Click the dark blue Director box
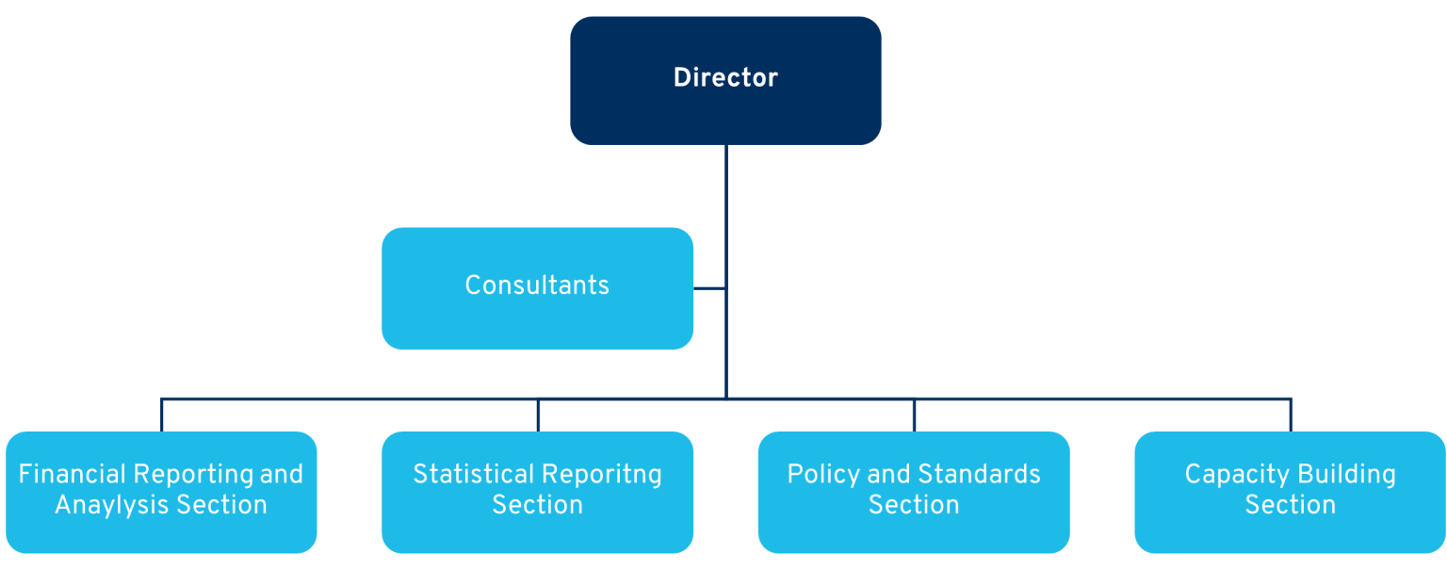[x=725, y=81]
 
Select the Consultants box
[x=538, y=288]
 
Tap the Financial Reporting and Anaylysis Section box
[x=161, y=493]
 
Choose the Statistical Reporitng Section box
[x=538, y=493]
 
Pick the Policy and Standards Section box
[x=914, y=493]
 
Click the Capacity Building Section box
[x=1290, y=493]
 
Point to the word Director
[x=725, y=77]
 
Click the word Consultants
[x=538, y=285]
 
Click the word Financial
[x=72, y=474]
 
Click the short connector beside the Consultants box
[x=709, y=288]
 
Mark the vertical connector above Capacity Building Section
[x=1291, y=415]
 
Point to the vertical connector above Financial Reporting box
[x=161, y=415]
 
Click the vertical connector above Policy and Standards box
[x=914, y=415]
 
